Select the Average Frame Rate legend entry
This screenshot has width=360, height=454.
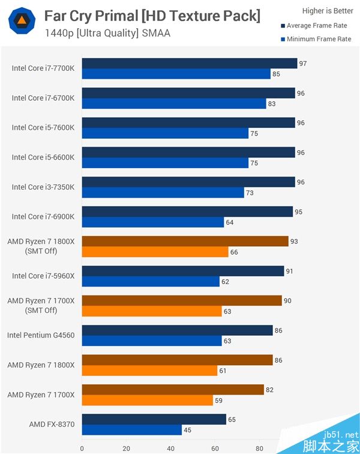click(316, 26)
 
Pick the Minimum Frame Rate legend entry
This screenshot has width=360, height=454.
click(316, 39)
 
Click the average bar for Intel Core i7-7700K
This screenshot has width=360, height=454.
click(190, 63)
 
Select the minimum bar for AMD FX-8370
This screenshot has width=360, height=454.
click(132, 429)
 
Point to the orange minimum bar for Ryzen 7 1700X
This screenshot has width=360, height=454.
click(148, 400)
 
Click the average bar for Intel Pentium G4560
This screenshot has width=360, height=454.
click(177, 330)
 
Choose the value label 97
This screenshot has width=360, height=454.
click(303, 63)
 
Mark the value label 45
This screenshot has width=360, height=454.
click(188, 429)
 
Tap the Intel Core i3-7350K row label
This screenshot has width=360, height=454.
click(43, 187)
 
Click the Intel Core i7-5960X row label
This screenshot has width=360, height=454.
click(43, 276)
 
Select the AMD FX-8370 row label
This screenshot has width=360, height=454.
click(52, 425)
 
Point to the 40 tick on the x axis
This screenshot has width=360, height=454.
click(170, 447)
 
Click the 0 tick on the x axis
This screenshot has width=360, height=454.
click(82, 447)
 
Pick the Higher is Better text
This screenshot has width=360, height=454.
click(328, 11)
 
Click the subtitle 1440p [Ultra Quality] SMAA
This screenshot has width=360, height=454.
click(107, 33)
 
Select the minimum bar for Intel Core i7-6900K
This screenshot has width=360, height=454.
click(153, 222)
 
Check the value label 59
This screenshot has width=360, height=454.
click(219, 400)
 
